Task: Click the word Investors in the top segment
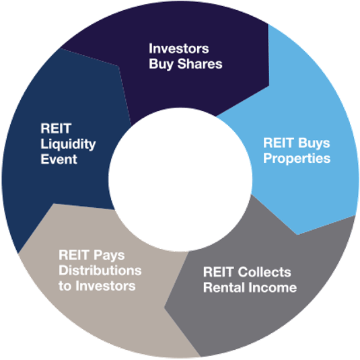(179, 48)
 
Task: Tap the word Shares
(200, 64)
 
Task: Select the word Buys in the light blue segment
(314, 143)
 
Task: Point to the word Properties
(297, 159)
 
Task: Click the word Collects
(264, 272)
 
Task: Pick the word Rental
(224, 287)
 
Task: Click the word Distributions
(100, 271)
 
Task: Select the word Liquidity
(68, 144)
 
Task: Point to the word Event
(59, 159)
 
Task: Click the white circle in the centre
(180, 180)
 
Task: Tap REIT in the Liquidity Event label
(56, 129)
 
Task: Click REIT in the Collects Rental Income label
(219, 272)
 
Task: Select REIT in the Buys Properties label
(279, 143)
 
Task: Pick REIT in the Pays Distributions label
(74, 255)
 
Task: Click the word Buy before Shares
(161, 64)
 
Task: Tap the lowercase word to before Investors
(65, 286)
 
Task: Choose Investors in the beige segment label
(106, 286)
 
